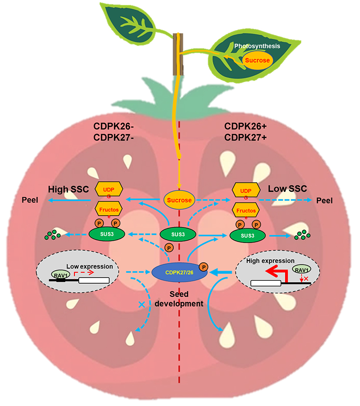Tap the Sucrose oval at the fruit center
click(x=178, y=201)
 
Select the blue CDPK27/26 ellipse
click(x=178, y=273)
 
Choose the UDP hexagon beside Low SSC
click(x=246, y=191)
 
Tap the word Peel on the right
click(x=324, y=201)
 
